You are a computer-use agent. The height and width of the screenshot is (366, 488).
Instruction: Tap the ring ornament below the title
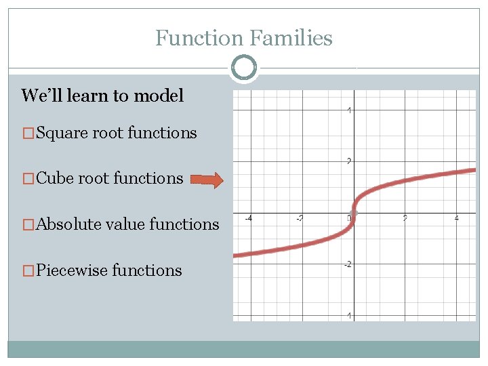tap(244, 67)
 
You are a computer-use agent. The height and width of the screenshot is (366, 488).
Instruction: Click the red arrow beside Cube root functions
tap(207, 180)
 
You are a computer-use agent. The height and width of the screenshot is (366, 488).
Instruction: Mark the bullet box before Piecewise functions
tap(27, 270)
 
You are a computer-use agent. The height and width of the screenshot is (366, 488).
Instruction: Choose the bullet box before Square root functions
tap(27, 134)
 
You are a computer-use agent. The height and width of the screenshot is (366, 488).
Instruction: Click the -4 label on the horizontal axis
tap(249, 218)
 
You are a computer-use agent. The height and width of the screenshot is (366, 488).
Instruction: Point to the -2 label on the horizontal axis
tap(300, 218)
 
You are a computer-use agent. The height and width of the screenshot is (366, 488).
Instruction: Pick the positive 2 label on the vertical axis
tap(348, 161)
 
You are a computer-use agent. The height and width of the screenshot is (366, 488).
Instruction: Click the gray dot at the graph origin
tap(352, 213)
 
